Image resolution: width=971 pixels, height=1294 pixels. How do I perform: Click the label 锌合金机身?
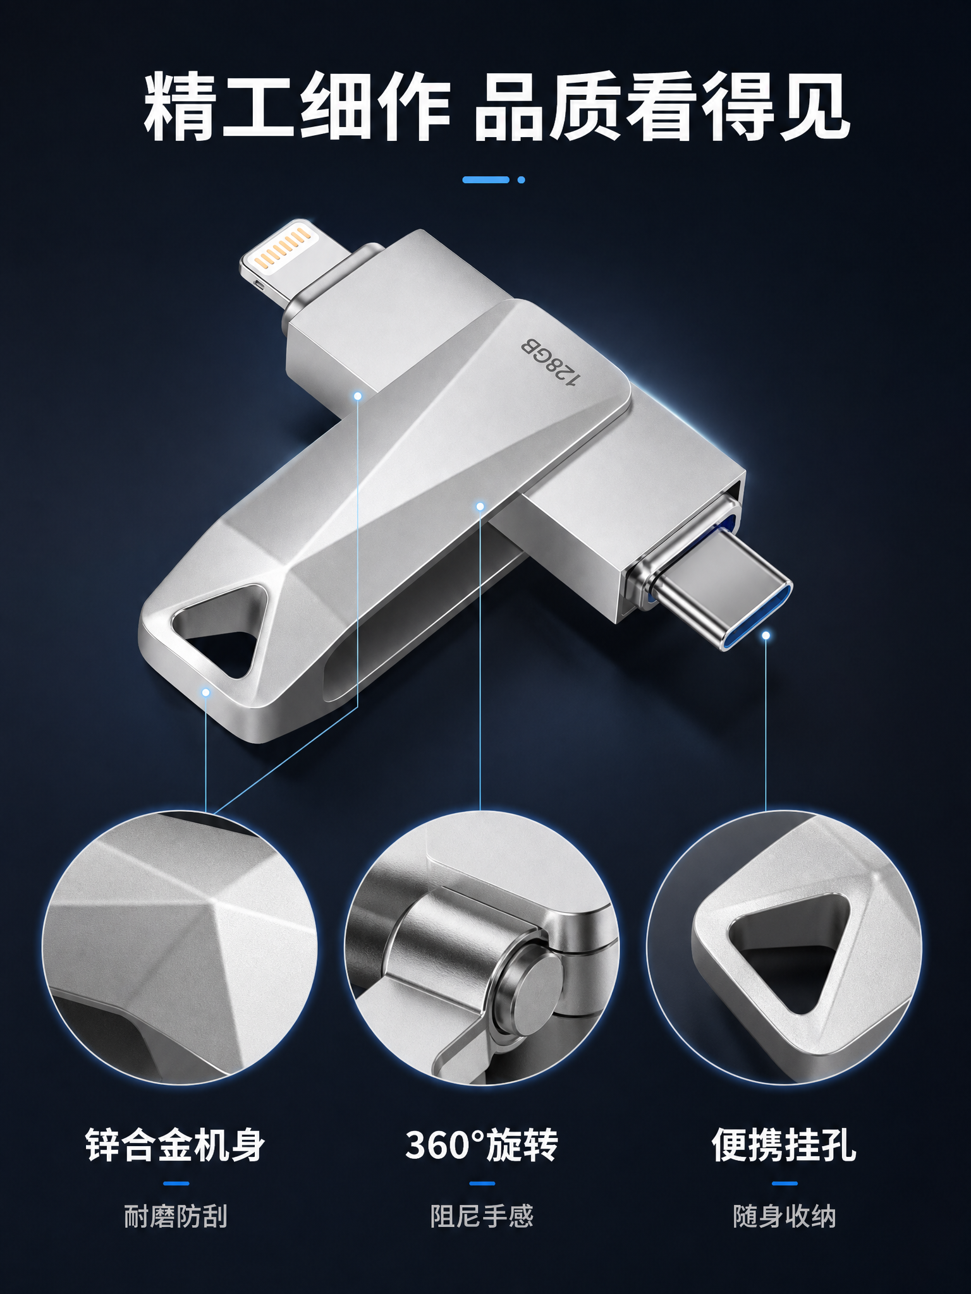click(x=175, y=1144)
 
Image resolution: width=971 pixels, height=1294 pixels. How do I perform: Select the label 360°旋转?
click(x=482, y=1144)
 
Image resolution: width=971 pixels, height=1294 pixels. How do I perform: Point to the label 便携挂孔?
click(x=784, y=1144)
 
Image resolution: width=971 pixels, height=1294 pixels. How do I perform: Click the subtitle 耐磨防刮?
click(x=175, y=1216)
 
